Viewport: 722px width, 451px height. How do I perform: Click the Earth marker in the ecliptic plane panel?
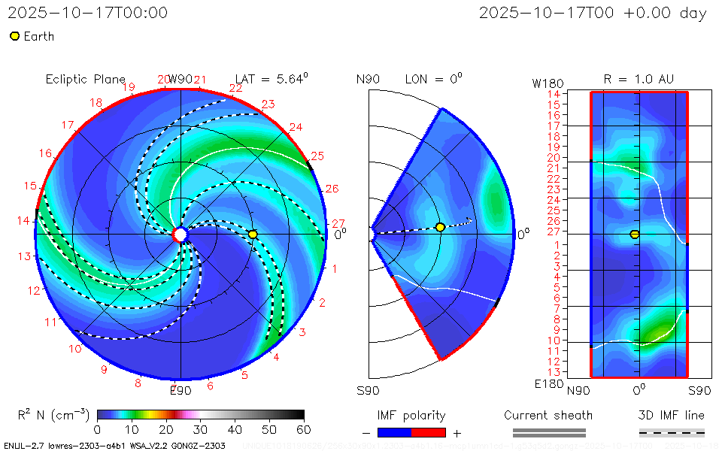tap(253, 235)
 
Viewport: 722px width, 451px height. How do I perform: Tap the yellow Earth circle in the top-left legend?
tap(14, 36)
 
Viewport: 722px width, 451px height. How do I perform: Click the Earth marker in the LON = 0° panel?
tap(440, 227)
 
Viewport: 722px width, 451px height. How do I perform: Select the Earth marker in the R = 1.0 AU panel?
tap(635, 235)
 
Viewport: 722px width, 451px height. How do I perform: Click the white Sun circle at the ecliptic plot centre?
tap(180, 235)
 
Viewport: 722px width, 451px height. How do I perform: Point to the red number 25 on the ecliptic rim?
tap(317, 156)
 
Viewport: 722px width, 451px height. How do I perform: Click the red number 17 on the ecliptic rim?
tap(68, 126)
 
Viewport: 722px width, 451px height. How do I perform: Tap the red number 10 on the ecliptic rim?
tap(75, 349)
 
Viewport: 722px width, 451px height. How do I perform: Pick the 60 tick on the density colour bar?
tap(304, 429)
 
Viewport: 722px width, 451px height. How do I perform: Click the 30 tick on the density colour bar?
tap(201, 429)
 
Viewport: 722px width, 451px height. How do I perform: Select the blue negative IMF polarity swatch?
tap(395, 432)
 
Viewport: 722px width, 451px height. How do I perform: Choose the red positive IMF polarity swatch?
tap(429, 432)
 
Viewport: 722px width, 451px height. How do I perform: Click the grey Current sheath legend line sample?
tap(548, 432)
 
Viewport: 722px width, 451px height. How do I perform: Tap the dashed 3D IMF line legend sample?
tap(672, 432)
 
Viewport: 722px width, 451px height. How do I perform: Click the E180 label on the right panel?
tap(546, 384)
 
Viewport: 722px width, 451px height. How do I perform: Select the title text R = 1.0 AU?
tap(639, 79)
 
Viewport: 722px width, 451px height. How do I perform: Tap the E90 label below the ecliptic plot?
tap(180, 390)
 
